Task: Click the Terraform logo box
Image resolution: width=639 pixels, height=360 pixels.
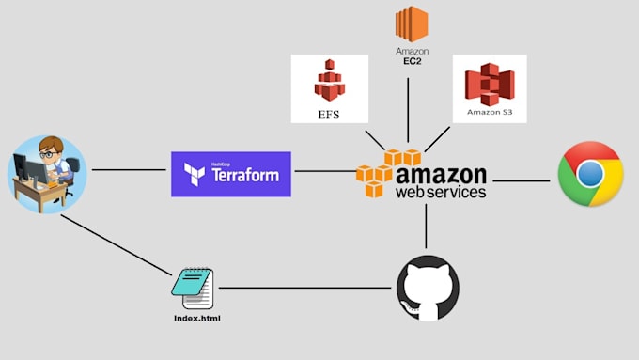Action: click(x=230, y=174)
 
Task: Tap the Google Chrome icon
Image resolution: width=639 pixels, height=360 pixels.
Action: click(x=590, y=174)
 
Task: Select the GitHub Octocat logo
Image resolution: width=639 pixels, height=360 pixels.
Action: click(x=428, y=287)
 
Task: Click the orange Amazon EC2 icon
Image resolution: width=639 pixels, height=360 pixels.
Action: click(x=411, y=23)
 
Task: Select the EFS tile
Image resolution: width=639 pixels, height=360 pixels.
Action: click(x=329, y=88)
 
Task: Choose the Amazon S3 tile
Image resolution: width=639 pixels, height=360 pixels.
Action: click(x=489, y=88)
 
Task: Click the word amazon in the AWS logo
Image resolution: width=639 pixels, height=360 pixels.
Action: click(x=442, y=176)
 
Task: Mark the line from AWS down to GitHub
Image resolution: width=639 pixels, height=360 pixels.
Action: click(x=427, y=226)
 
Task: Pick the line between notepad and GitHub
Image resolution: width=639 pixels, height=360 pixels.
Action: click(x=305, y=288)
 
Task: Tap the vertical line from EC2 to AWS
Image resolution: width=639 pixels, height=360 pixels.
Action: click(x=407, y=108)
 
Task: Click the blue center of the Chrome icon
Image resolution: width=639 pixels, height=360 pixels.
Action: click(x=590, y=174)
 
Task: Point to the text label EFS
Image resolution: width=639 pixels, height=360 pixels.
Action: click(x=328, y=117)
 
